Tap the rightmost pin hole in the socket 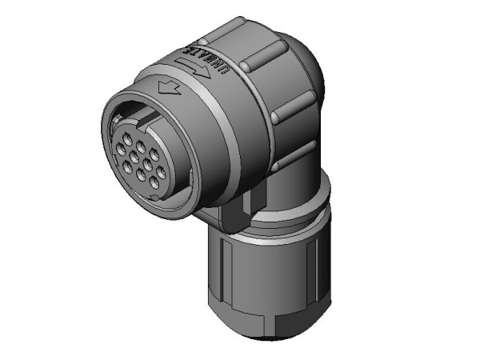160,170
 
